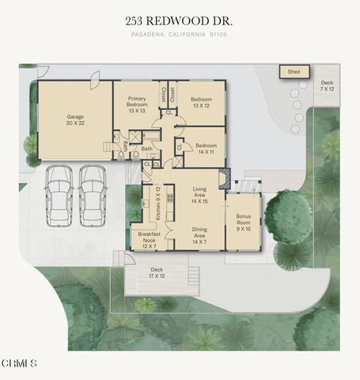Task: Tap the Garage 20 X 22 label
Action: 75,120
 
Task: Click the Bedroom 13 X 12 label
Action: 200,102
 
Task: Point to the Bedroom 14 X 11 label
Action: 206,149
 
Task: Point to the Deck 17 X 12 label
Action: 157,272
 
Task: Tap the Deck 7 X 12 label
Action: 328,85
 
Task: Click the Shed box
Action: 294,72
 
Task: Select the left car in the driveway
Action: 59,194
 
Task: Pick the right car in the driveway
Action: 93,194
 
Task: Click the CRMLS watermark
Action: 19,363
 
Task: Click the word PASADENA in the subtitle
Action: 148,34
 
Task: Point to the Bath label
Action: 146,148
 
